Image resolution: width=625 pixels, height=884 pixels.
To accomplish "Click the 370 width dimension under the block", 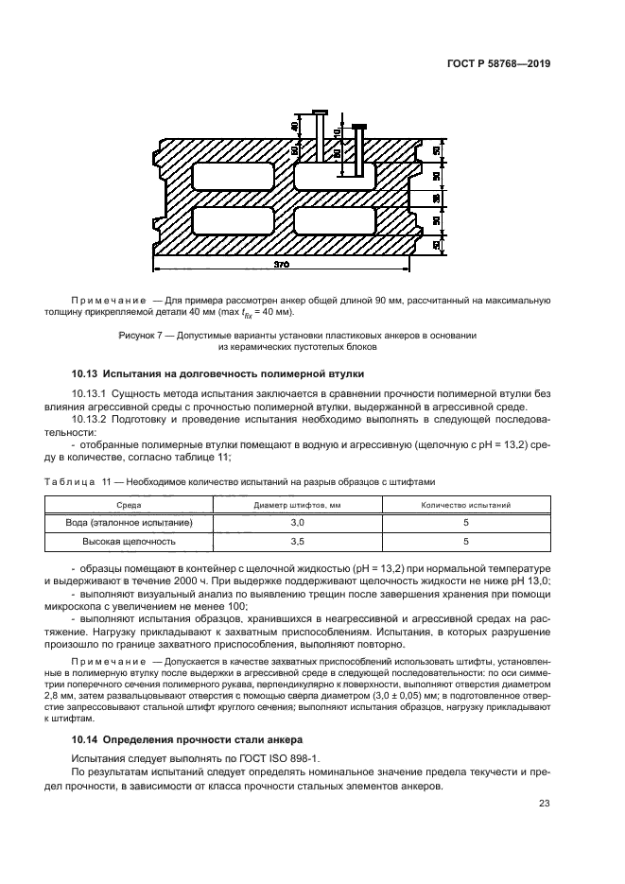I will click(282, 266).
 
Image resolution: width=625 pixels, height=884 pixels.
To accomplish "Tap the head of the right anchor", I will click(358, 126).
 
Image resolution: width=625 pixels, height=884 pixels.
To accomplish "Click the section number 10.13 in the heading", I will click(86, 373).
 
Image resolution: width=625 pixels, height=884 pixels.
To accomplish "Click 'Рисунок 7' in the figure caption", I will click(142, 335).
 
